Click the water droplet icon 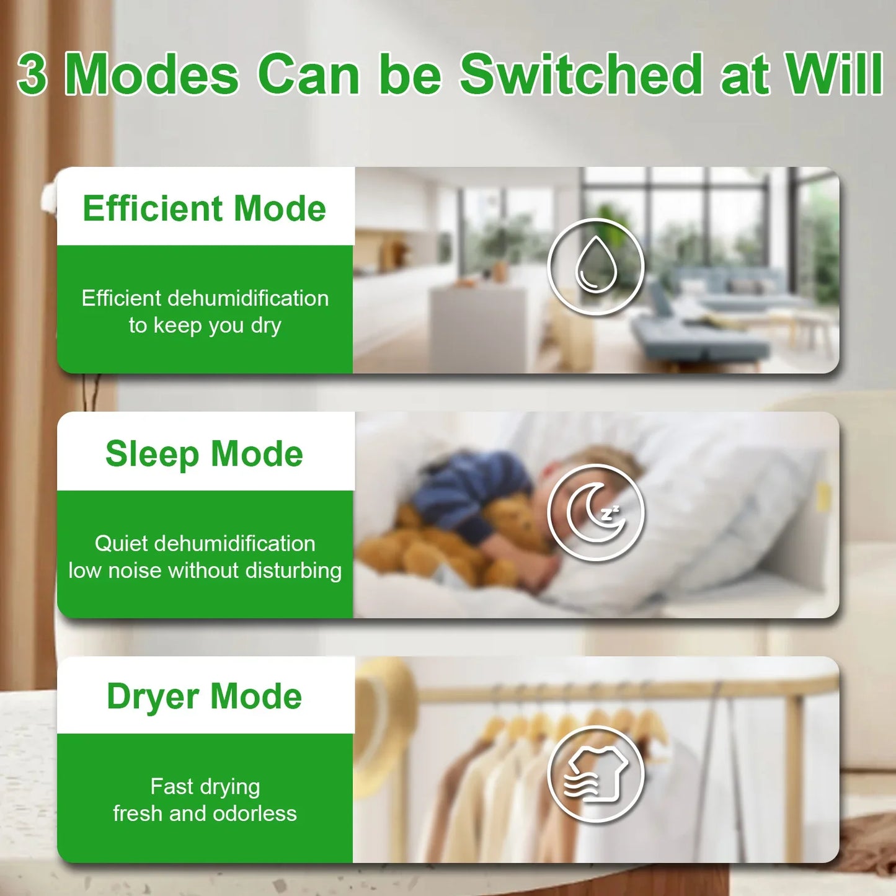pyautogui.click(x=596, y=267)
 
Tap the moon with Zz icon pyautogui.click(x=596, y=512)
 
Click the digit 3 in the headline pyautogui.click(x=32, y=74)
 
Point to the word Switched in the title pyautogui.click(x=580, y=74)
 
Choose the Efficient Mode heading pyautogui.click(x=204, y=208)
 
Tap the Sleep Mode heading pyautogui.click(x=204, y=454)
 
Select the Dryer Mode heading pyautogui.click(x=204, y=696)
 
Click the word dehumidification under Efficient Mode pyautogui.click(x=248, y=298)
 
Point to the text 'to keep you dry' pyautogui.click(x=205, y=326)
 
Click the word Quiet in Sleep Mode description pyautogui.click(x=121, y=544)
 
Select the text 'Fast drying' pyautogui.click(x=205, y=787)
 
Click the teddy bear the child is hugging pyautogui.click(x=434, y=546)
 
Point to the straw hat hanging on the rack pyautogui.click(x=384, y=713)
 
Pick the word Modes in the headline pyautogui.click(x=151, y=74)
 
